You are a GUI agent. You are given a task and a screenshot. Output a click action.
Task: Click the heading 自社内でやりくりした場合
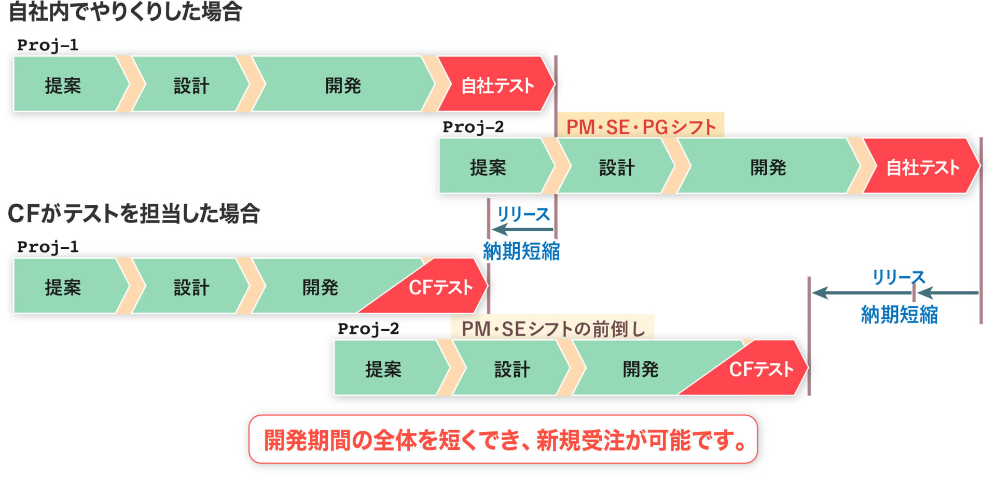click(126, 11)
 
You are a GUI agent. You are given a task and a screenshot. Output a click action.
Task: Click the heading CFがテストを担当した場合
click(134, 213)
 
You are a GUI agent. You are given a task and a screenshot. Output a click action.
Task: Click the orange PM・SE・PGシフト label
click(641, 126)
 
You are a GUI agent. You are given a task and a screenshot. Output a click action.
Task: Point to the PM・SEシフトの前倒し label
click(553, 328)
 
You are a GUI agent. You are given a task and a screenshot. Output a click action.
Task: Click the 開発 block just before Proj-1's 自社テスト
click(343, 84)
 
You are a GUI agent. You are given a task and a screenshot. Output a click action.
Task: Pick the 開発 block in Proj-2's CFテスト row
click(641, 368)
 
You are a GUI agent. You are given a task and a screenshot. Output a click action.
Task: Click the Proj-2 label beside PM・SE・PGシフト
click(473, 127)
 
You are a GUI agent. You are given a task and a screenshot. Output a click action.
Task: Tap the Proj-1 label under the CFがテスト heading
click(48, 247)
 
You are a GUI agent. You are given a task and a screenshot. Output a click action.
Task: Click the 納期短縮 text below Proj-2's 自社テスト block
click(900, 315)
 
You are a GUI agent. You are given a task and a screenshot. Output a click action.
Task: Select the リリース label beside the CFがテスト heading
click(523, 214)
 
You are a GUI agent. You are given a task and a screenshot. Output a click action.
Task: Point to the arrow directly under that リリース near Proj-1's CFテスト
click(523, 229)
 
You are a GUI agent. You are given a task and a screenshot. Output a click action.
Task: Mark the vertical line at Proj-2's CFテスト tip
click(809, 336)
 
